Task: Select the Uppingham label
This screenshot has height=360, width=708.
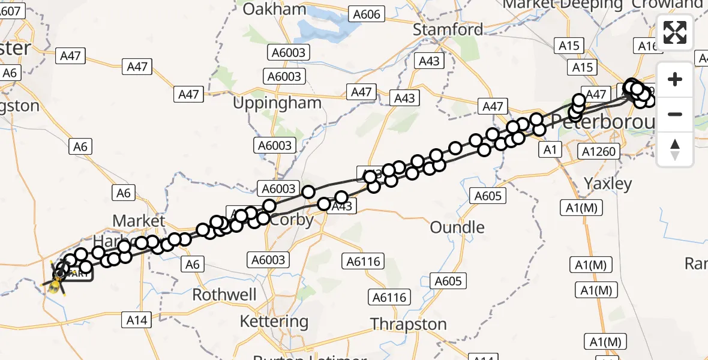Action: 277,103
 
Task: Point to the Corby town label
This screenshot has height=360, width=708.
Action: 292,220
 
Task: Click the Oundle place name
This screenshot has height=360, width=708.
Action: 457,227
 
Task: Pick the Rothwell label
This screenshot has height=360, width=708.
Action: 224,295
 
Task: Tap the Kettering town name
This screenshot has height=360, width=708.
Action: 274,322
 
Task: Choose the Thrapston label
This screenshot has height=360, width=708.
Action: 409,325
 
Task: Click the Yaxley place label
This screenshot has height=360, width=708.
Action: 608,184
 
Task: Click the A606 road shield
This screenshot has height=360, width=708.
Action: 367,14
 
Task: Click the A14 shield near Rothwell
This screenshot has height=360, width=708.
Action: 136,320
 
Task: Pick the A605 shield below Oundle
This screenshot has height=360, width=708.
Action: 448,281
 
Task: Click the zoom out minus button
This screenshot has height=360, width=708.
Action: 675,114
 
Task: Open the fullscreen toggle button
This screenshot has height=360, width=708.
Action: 675,32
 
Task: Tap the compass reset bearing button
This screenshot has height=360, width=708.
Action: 675,149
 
